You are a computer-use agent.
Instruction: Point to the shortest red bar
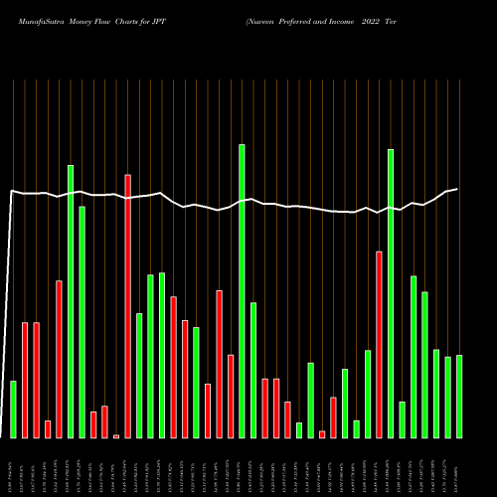pos(116,436)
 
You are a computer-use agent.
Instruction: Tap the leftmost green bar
pos(13,410)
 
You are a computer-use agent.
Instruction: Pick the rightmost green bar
pos(459,397)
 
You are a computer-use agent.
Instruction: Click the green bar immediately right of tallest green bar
pos(253,370)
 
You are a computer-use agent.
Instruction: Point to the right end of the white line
pos(457,189)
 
